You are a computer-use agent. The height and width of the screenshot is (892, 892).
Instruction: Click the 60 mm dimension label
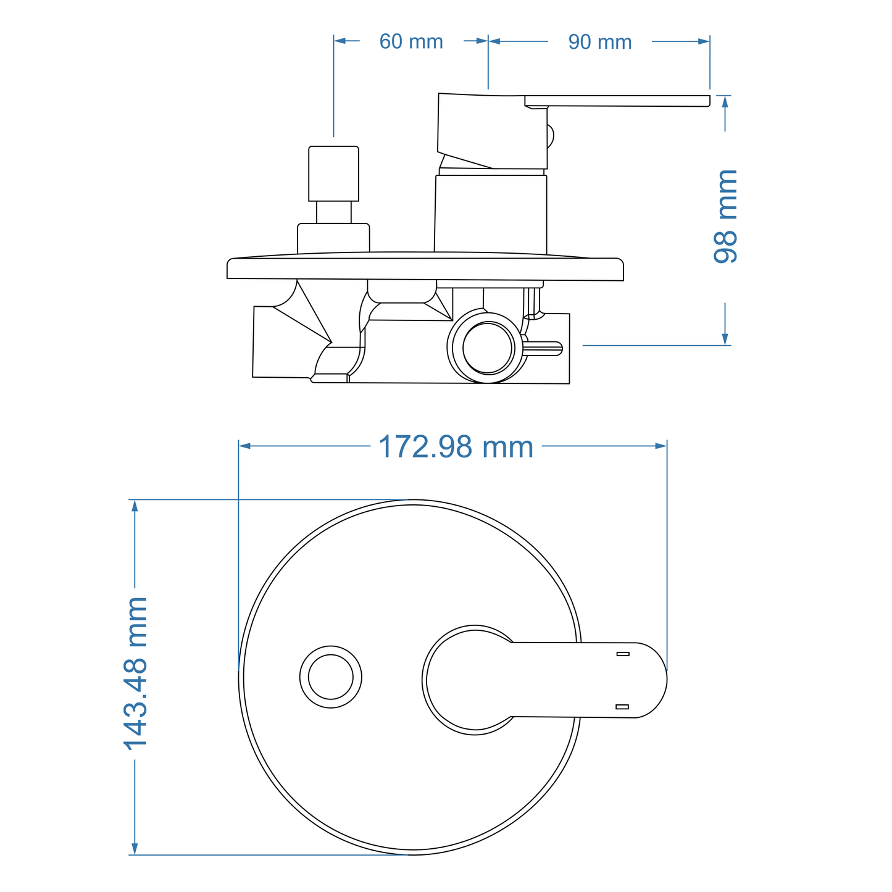(411, 42)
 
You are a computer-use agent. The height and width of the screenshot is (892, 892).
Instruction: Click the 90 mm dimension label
(599, 42)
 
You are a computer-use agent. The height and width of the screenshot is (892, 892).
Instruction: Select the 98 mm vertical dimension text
(726, 217)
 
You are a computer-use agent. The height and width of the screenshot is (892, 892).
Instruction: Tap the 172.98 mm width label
(456, 446)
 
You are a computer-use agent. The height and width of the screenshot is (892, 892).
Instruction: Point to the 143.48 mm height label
(136, 673)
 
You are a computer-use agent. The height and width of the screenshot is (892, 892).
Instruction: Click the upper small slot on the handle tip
(623, 654)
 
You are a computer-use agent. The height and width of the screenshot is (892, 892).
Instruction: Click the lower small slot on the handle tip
(622, 706)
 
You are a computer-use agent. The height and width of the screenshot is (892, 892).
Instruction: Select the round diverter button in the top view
(331, 677)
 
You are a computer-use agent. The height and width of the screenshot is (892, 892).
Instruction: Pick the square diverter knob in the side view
(333, 173)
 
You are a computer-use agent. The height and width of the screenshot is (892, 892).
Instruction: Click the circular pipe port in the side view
(488, 348)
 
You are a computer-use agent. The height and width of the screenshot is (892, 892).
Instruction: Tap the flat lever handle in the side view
(617, 101)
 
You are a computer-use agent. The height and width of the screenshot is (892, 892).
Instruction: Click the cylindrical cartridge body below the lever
(491, 214)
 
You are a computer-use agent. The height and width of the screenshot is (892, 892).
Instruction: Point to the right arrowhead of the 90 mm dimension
(704, 41)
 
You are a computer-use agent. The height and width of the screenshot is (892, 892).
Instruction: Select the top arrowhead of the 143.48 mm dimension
(135, 506)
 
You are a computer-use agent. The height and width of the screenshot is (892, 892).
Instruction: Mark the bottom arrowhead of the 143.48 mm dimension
(135, 849)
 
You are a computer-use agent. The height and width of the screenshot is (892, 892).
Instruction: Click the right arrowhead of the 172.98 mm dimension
(661, 446)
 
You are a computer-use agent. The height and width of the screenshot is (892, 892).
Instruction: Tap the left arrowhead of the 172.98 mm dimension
(244, 446)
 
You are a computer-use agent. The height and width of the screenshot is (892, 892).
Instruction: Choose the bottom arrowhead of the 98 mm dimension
(725, 339)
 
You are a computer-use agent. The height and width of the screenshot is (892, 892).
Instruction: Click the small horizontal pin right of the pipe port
(543, 349)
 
